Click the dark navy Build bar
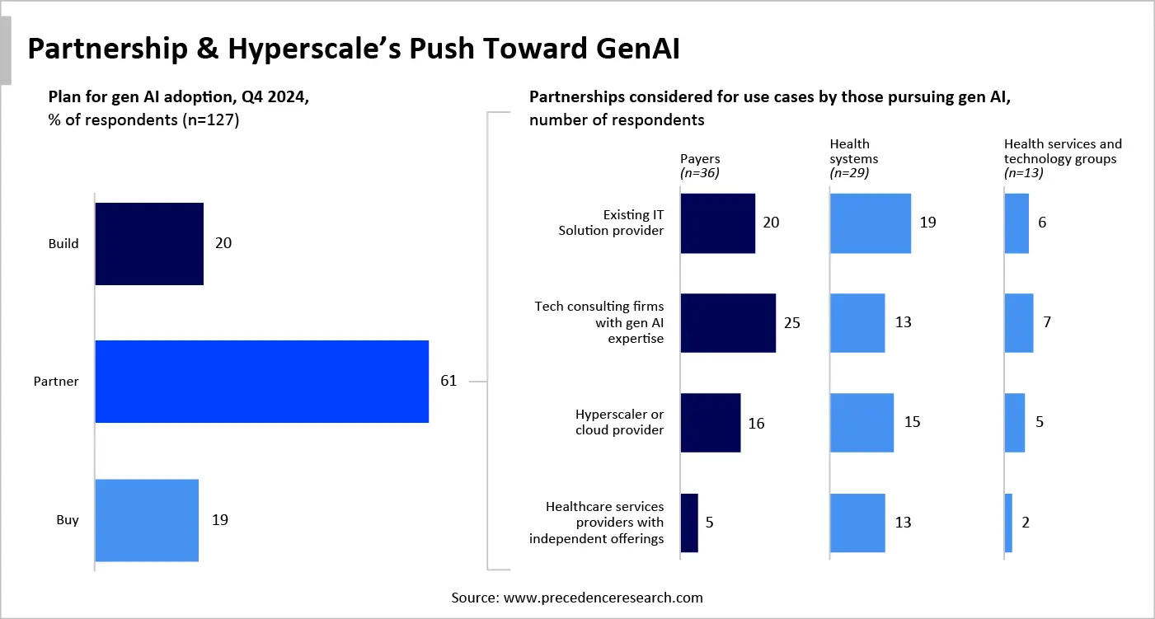click(149, 244)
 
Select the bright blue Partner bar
click(262, 382)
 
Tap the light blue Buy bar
click(147, 520)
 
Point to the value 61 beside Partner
click(449, 382)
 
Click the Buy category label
click(68, 521)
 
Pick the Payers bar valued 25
click(728, 323)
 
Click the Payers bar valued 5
click(689, 523)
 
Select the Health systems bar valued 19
click(871, 223)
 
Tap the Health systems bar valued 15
click(862, 423)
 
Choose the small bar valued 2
click(1008, 523)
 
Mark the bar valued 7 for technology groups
click(1018, 323)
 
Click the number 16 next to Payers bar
click(756, 424)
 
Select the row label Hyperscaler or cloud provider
click(619, 422)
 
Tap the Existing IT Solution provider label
click(611, 223)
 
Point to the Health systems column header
click(853, 152)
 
